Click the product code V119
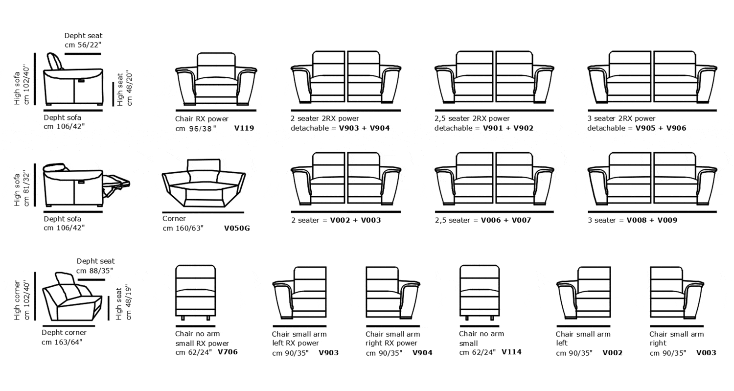pyautogui.click(x=244, y=129)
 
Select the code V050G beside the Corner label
pyautogui.click(x=237, y=228)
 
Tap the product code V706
pyautogui.click(x=228, y=352)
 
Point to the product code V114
pyautogui.click(x=511, y=352)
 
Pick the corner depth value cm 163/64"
pyautogui.click(x=62, y=342)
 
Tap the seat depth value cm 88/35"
pyautogui.click(x=95, y=271)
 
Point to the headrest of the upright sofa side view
pyautogui.click(x=55, y=62)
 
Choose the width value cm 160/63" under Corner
pyautogui.click(x=183, y=228)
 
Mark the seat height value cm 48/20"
pyautogui.click(x=129, y=88)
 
